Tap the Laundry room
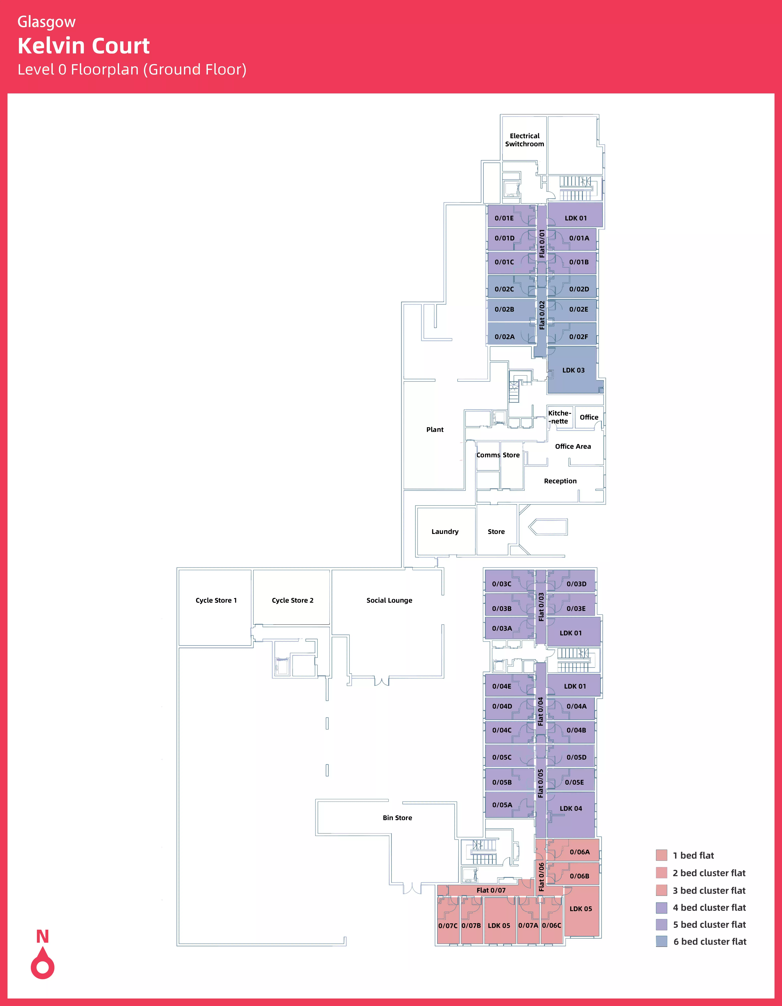coord(445,532)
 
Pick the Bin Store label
coord(397,818)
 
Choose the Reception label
coord(560,481)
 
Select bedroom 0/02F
coord(578,337)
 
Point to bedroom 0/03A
coord(502,628)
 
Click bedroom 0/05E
coord(574,782)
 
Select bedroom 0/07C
coord(447,925)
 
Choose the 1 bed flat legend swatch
coord(661,855)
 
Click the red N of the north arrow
coord(42,936)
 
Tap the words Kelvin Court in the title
coord(83,46)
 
